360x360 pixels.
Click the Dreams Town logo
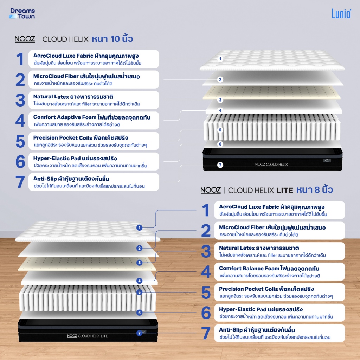tap(22, 14)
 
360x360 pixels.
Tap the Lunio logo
tap(341, 14)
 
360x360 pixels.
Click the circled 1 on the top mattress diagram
tap(220, 59)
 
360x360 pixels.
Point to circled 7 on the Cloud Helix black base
tap(220, 165)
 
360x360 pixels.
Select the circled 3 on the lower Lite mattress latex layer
tap(139, 263)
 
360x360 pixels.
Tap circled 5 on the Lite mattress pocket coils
tap(139, 292)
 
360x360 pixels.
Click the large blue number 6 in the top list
tap(20, 161)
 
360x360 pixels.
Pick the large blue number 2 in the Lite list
tap(206, 231)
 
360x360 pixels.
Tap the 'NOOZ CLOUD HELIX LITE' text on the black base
tap(88, 336)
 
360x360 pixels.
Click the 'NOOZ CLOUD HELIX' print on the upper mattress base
tap(271, 165)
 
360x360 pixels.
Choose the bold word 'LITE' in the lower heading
tap(285, 191)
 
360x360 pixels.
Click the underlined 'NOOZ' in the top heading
tap(25, 39)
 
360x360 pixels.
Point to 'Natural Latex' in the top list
tap(51, 97)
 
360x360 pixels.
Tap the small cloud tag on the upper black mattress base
tap(327, 160)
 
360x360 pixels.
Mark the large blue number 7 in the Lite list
tap(206, 333)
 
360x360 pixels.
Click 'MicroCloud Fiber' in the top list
tap(56, 76)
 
